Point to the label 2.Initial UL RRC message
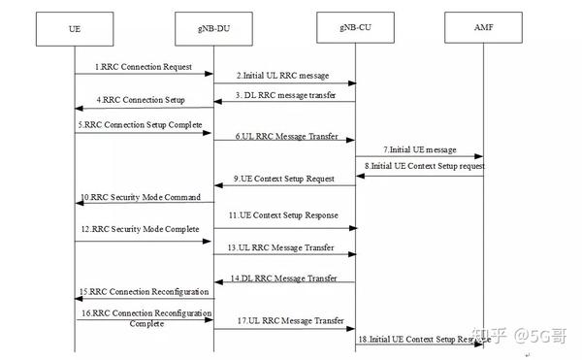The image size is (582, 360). click(x=282, y=75)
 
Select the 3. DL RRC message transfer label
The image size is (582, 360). click(x=284, y=92)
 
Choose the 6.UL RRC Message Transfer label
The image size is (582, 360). click(x=286, y=137)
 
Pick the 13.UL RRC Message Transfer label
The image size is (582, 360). click(x=283, y=248)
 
